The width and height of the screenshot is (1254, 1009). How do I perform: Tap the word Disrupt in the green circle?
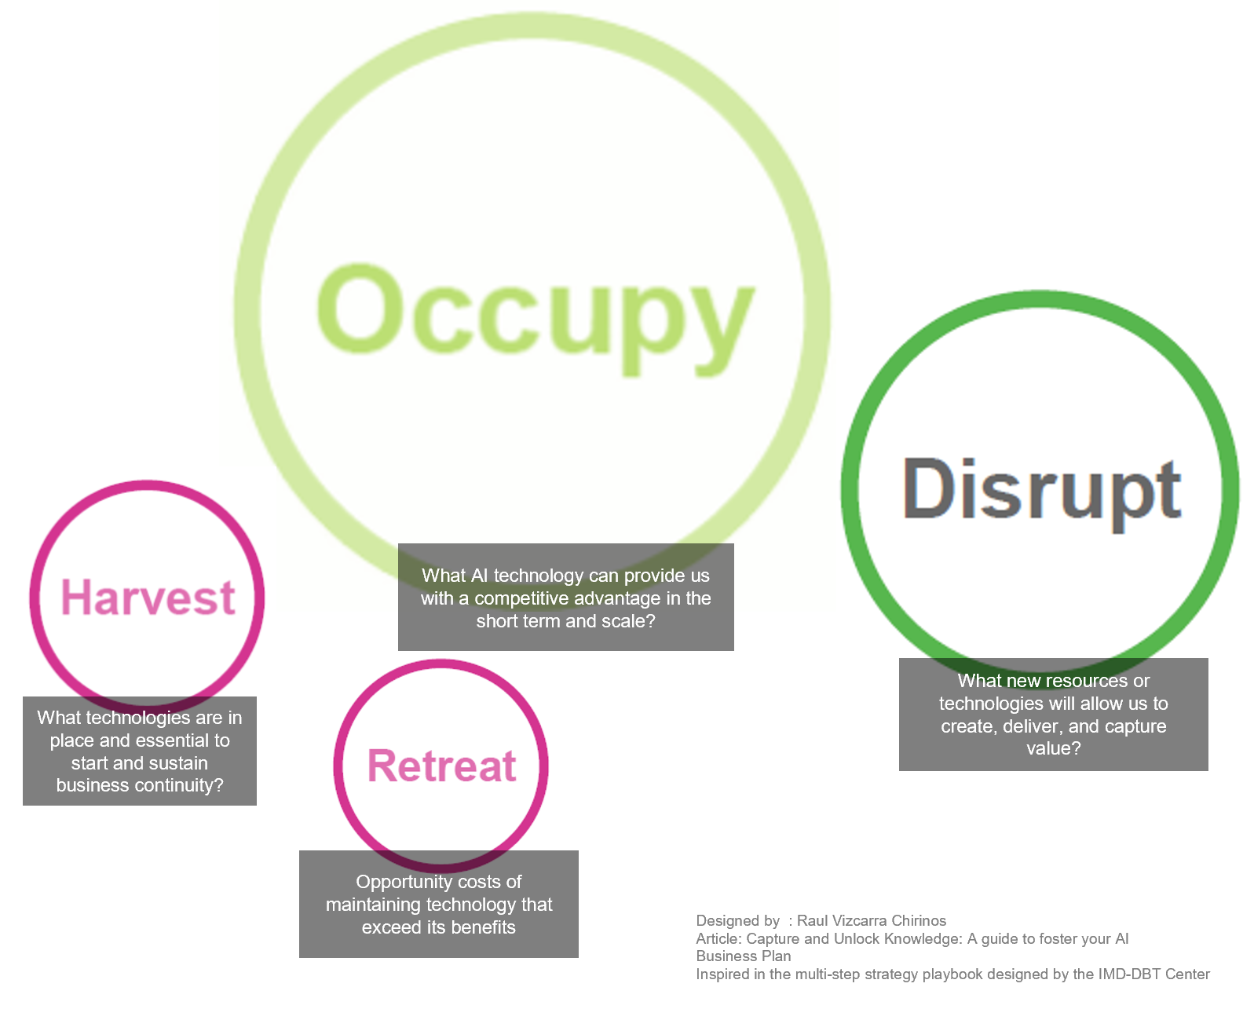pyautogui.click(x=1042, y=492)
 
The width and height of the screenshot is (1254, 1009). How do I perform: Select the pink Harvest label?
pyautogui.click(x=148, y=597)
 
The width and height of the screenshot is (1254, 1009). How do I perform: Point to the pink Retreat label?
pyautogui.click(x=442, y=766)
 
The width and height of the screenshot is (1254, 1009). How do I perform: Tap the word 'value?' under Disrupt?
pyautogui.click(x=1054, y=748)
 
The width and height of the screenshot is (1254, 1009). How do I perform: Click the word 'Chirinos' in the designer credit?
pyautogui.click(x=919, y=920)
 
